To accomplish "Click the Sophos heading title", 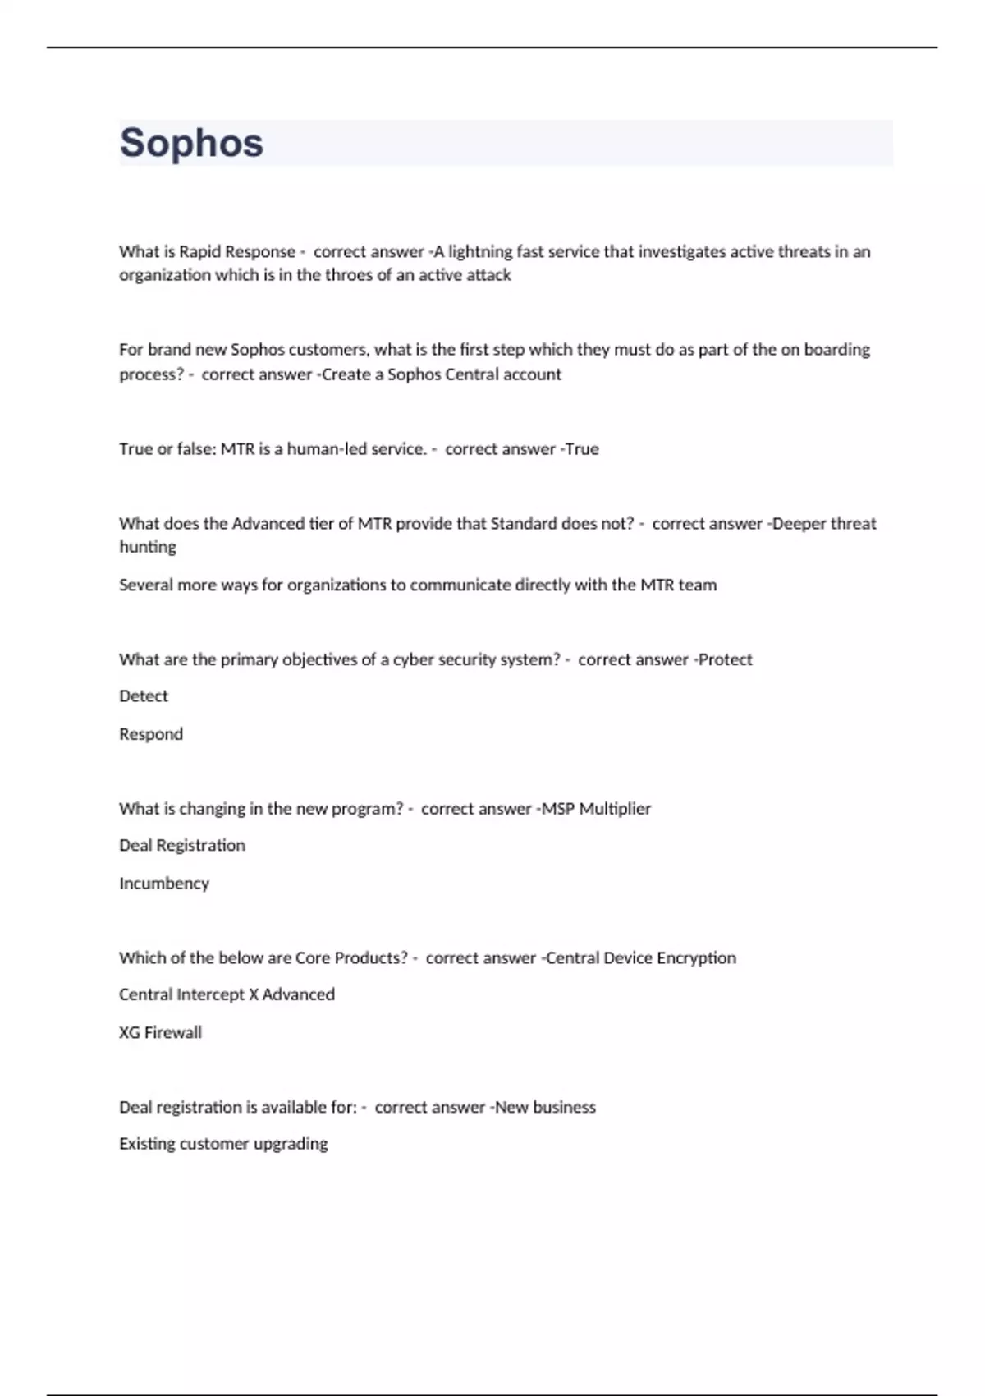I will [191, 143].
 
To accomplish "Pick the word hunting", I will [148, 548].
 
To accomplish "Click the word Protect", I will [725, 659].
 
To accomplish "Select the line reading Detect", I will [144, 696].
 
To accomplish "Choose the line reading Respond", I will [151, 734].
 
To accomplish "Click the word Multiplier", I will [615, 809].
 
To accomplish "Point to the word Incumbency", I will [164, 884].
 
